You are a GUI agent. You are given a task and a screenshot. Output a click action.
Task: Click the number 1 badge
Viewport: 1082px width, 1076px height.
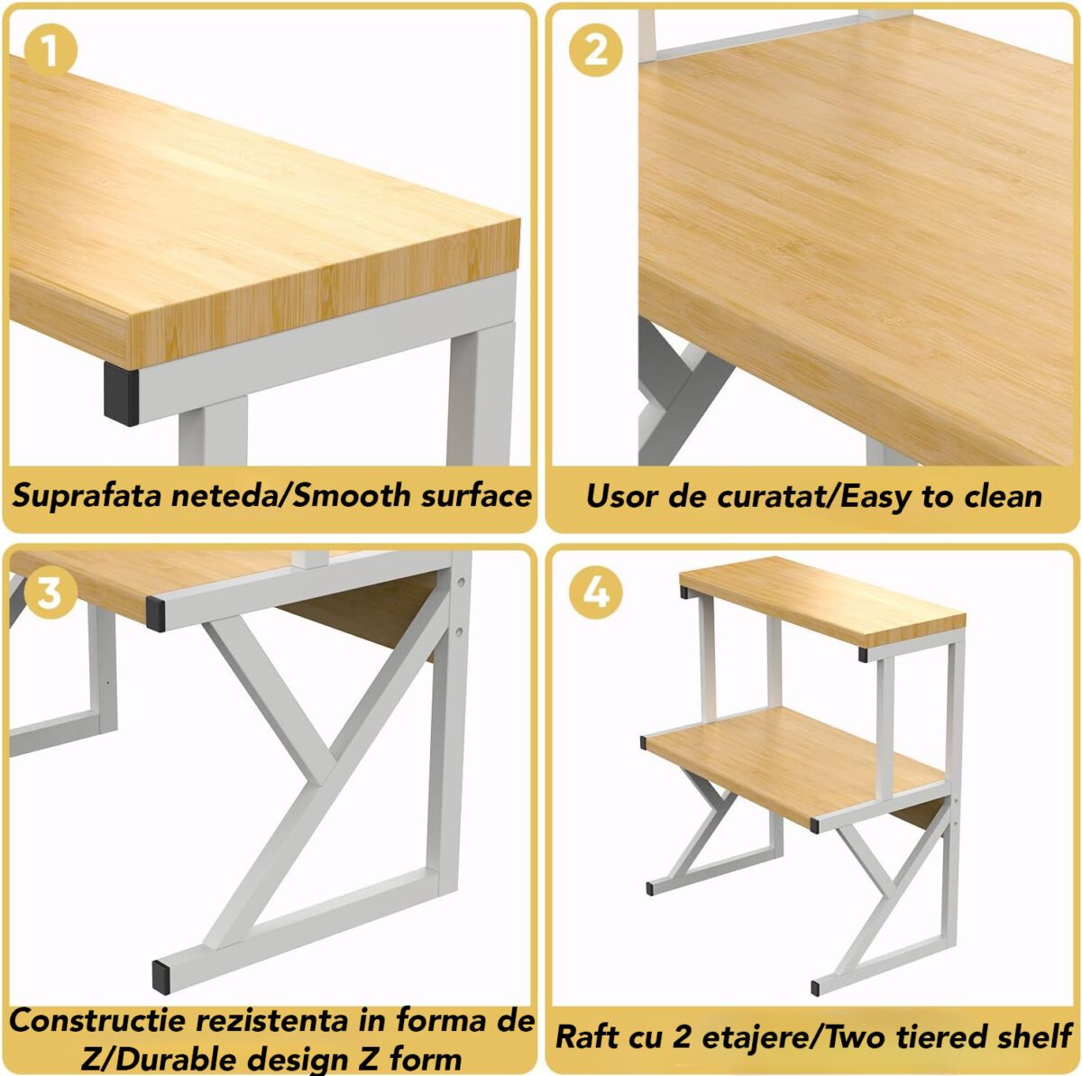click(x=50, y=51)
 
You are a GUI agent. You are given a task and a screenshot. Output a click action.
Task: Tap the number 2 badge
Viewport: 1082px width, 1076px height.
click(x=596, y=51)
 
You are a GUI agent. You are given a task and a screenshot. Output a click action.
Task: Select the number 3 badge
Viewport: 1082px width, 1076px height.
click(x=50, y=593)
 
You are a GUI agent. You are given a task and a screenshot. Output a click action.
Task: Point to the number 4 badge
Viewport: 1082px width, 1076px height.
click(x=596, y=593)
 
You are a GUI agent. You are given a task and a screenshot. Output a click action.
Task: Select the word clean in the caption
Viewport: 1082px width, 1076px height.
click(x=1003, y=496)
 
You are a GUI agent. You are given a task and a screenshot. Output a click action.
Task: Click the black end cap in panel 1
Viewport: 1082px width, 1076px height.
click(x=121, y=393)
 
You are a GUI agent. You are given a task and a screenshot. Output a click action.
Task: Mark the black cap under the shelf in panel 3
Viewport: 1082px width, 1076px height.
click(x=155, y=613)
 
